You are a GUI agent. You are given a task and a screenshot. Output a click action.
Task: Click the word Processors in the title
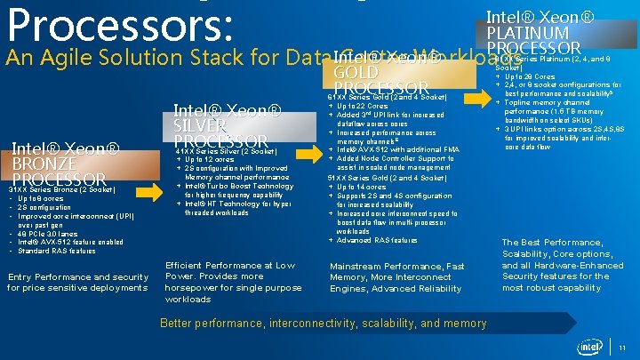pos(116,25)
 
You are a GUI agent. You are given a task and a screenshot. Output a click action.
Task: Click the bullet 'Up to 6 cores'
pos(44,197)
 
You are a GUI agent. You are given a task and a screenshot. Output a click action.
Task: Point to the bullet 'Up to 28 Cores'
pos(534,76)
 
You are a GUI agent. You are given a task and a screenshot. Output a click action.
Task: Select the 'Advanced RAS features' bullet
pos(377,240)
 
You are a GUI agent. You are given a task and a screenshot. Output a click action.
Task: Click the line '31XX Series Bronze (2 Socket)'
pos(62,188)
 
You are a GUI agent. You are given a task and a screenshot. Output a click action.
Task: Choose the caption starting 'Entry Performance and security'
pos(77,283)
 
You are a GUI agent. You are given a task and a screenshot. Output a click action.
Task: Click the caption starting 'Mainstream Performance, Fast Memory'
pos(396,277)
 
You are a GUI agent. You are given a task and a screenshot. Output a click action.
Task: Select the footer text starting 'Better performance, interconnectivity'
pos(323,324)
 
